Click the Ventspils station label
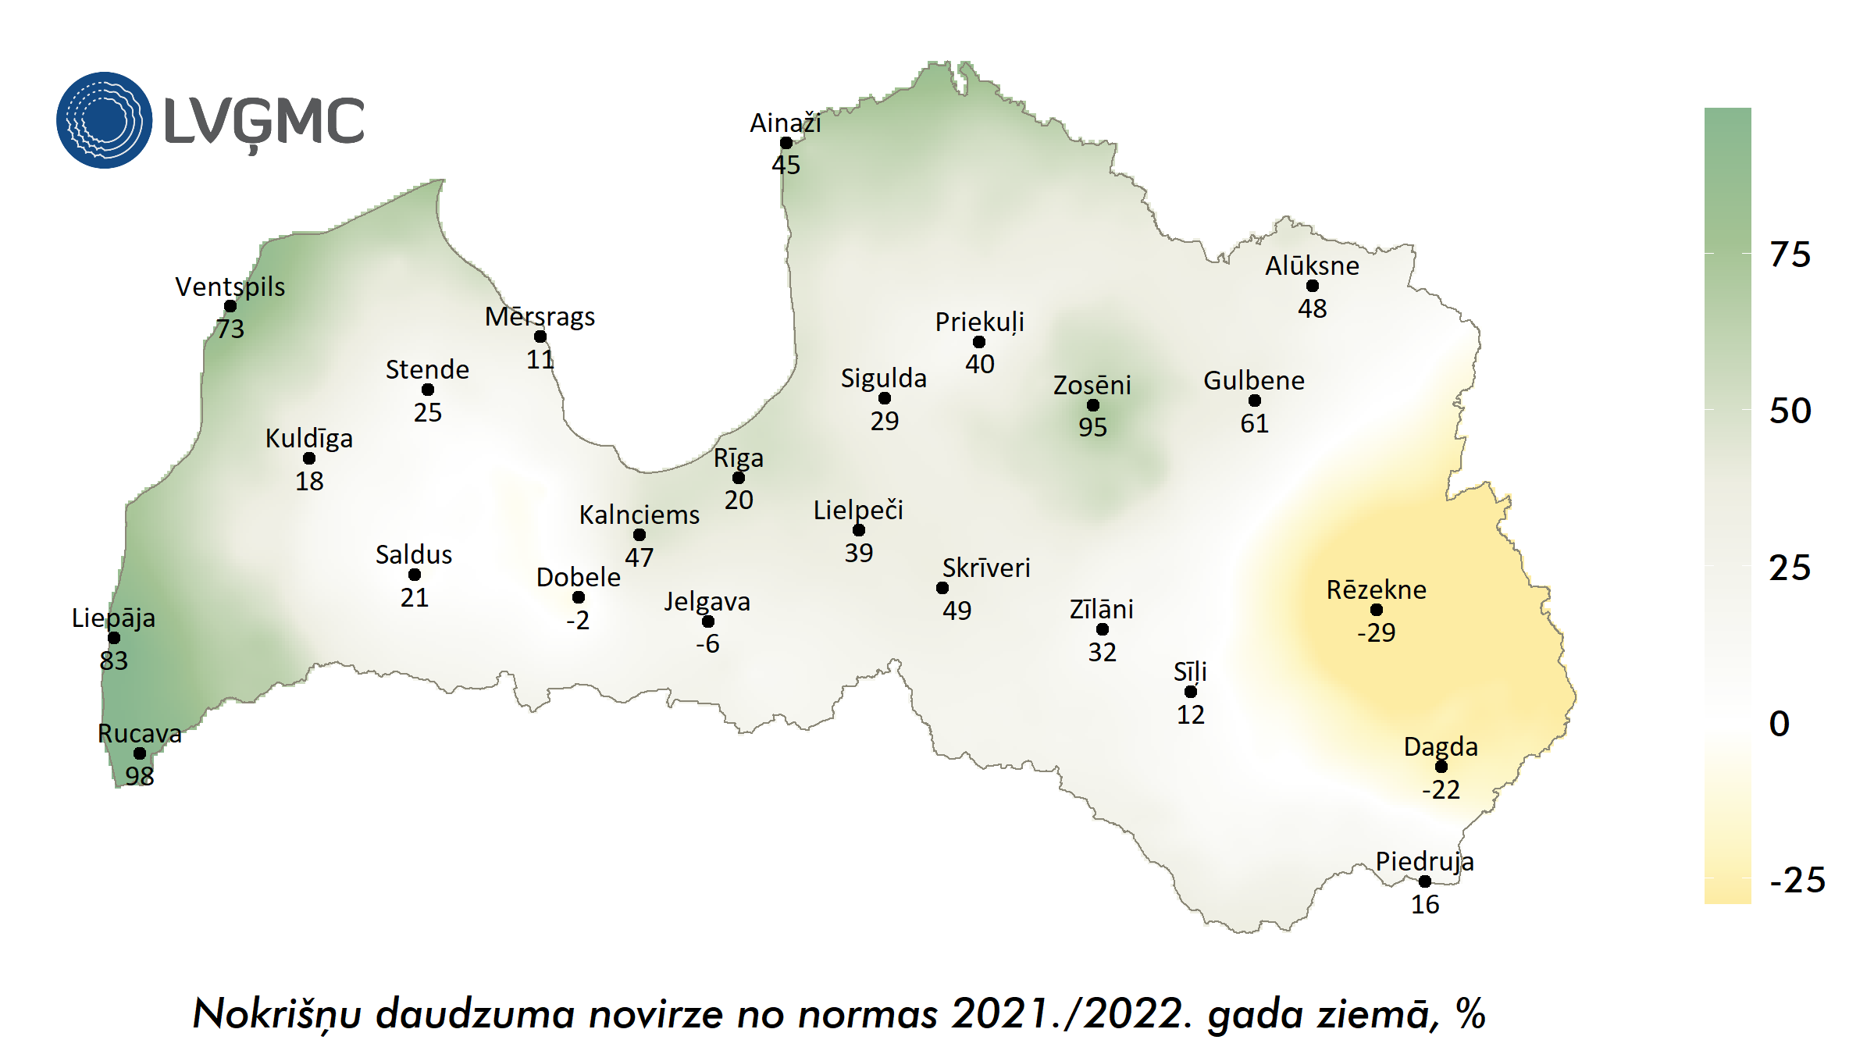(230, 287)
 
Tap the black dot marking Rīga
(739, 478)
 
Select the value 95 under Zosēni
(1092, 427)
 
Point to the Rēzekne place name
(1376, 589)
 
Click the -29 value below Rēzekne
(1376, 632)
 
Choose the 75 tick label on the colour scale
(1790, 255)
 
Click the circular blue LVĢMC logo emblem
(104, 120)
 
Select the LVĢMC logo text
(264, 123)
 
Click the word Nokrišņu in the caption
(276, 1014)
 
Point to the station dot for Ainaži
(786, 143)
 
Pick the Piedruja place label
(1424, 861)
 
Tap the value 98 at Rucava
(140, 775)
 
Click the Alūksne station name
(1312, 265)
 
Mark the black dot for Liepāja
(114, 638)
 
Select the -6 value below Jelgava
(707, 643)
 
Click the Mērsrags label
(540, 317)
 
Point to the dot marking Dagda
(1441, 767)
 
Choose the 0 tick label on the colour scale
(1780, 724)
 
